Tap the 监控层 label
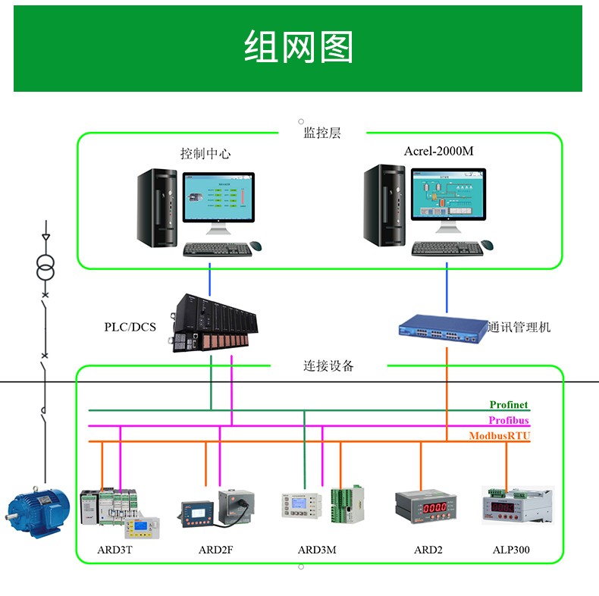click(x=321, y=133)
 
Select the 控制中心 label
click(x=205, y=154)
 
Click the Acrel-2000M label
click(x=438, y=151)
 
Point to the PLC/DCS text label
click(x=130, y=328)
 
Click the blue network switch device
click(x=443, y=327)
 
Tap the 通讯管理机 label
click(x=519, y=328)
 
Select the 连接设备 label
click(x=329, y=366)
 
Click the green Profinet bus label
click(x=508, y=406)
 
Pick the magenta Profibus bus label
click(x=508, y=421)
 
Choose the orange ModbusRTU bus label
click(x=499, y=436)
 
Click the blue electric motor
click(x=36, y=511)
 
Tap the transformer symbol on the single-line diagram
click(x=45, y=267)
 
